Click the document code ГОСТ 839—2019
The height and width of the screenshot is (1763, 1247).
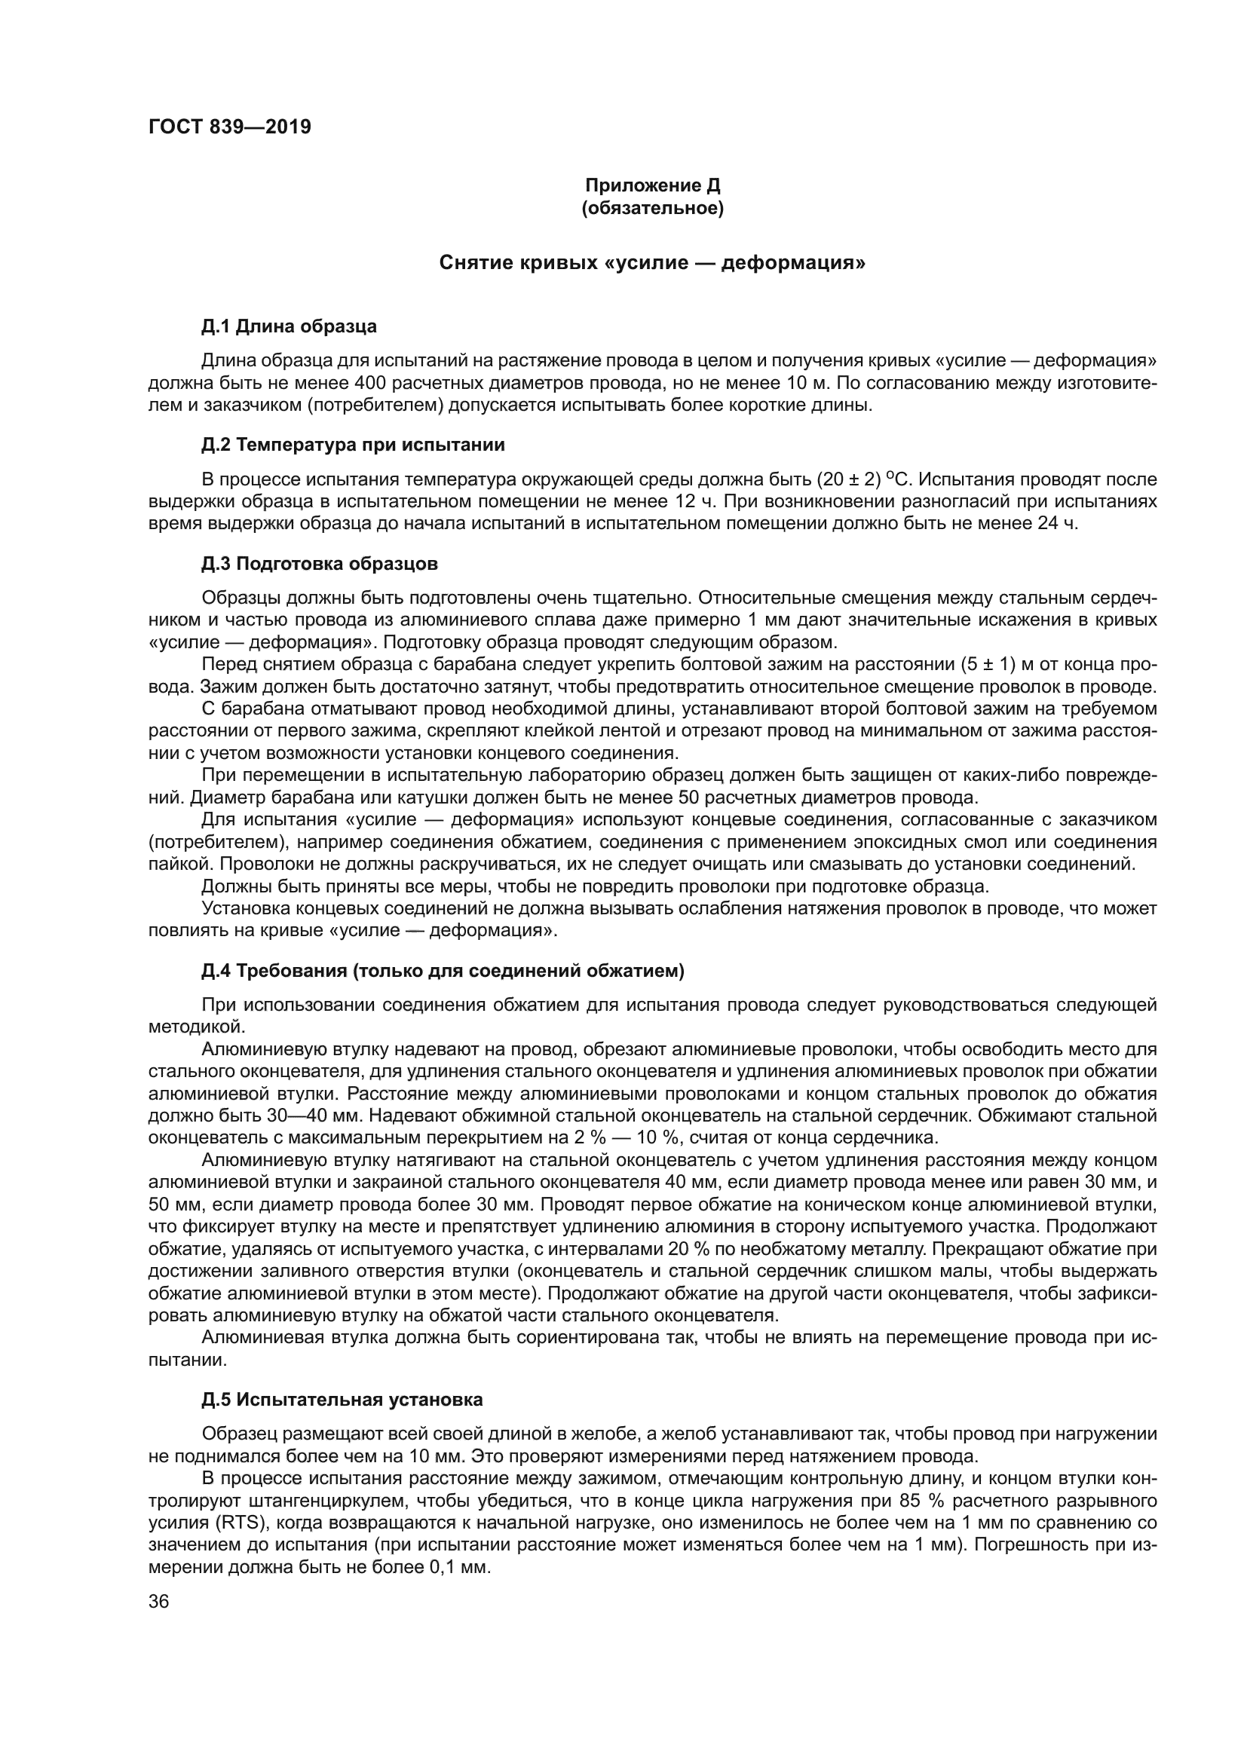230,127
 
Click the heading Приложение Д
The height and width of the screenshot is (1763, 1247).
653,185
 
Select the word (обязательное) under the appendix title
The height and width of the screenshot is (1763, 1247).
653,208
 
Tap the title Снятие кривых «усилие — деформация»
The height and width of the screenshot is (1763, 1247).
653,263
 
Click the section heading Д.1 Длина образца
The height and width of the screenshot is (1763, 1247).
289,326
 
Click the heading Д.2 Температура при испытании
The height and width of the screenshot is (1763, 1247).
352,445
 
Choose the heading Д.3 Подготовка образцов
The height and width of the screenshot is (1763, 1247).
320,564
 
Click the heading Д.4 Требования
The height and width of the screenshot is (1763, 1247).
443,971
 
